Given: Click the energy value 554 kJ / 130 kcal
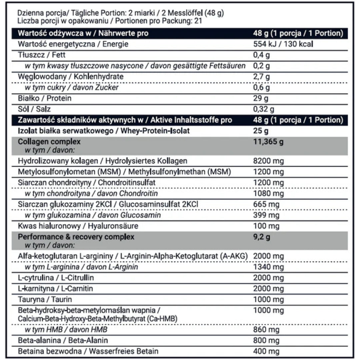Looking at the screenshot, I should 283,44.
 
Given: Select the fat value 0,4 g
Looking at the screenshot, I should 261,55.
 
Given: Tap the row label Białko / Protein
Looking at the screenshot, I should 45,98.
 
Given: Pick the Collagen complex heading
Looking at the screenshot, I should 49,142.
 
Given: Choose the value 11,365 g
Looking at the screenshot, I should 269,142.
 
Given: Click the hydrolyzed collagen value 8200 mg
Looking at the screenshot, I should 268,161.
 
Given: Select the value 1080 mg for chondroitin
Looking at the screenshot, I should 268,194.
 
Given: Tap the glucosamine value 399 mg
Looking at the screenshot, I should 266,215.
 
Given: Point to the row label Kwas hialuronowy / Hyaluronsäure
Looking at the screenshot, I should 78,226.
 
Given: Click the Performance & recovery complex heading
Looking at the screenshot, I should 76,237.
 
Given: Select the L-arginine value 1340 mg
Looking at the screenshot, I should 268,267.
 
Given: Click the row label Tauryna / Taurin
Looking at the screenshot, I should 45,300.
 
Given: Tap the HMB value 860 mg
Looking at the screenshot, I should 266,330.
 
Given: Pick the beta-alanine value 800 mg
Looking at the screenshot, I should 266,340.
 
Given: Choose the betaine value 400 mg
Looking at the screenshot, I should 266,351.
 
